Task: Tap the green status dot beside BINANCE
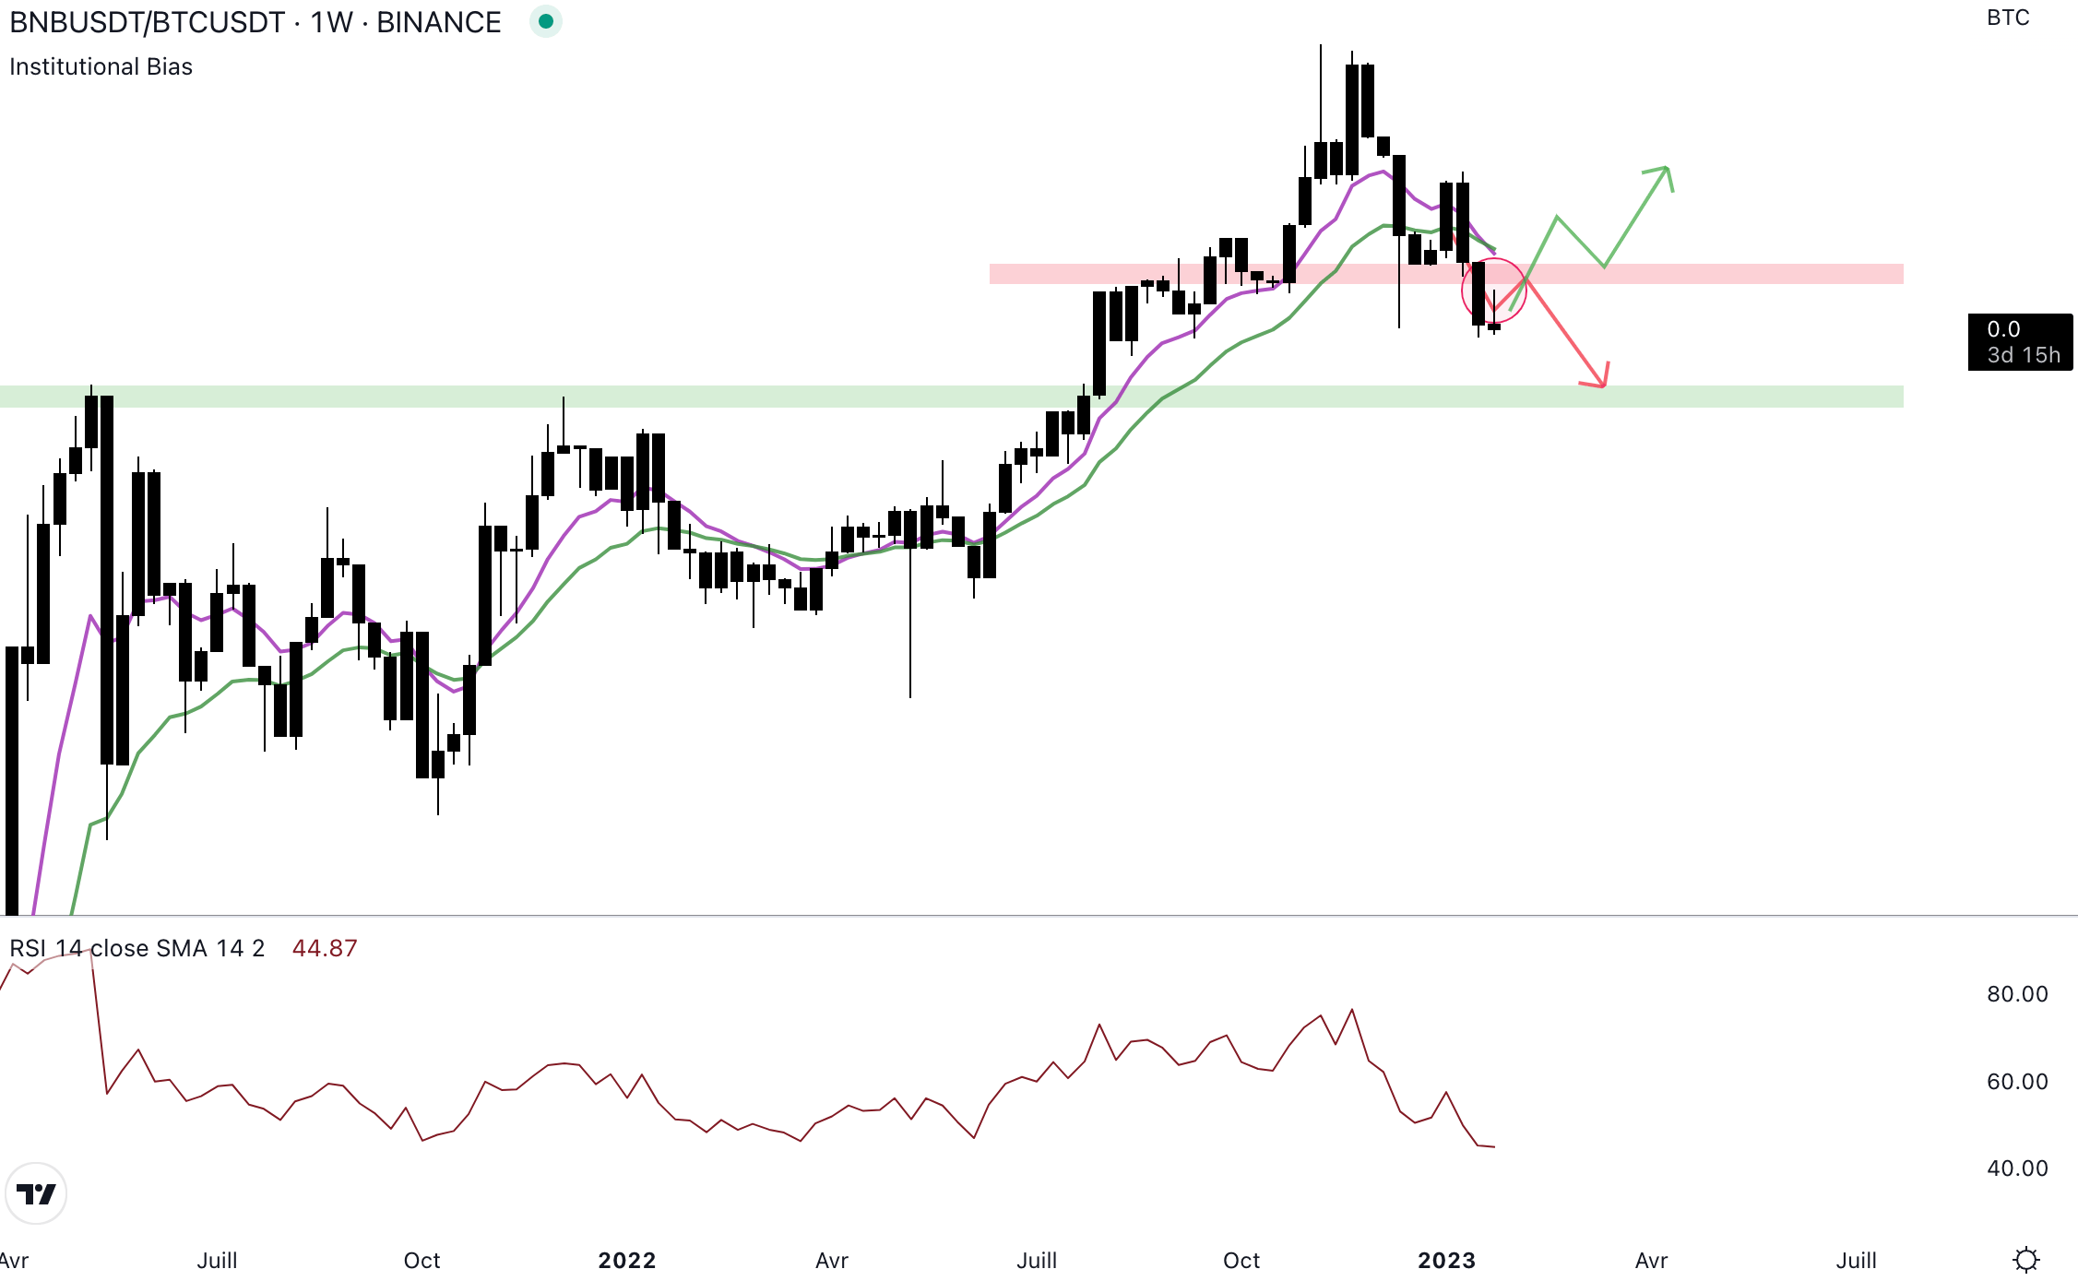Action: coord(546,21)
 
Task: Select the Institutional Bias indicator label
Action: coord(101,66)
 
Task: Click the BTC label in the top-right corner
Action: coord(2008,18)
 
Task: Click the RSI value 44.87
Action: coord(324,948)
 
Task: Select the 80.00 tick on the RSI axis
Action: coord(2017,994)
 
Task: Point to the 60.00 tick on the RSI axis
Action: coord(2017,1081)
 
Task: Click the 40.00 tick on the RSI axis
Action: coord(2017,1168)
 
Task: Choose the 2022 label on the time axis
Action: coord(626,1260)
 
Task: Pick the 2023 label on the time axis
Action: coord(1446,1260)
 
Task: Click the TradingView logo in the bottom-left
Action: coord(36,1193)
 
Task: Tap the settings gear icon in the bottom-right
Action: coord(2026,1259)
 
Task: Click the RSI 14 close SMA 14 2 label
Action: coord(137,948)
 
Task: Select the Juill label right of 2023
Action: coord(1856,1260)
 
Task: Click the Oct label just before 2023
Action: coord(1241,1260)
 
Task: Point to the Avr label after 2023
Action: coord(1651,1260)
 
